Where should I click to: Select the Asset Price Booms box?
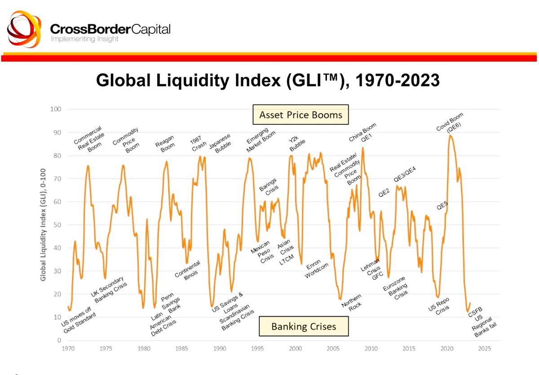coord(300,115)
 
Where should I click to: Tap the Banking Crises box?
coord(304,326)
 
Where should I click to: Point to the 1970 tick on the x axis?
coord(68,349)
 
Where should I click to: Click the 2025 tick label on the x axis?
coord(485,349)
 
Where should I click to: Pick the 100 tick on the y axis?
coord(55,110)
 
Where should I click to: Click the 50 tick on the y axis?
coord(57,225)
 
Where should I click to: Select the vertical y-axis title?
coord(44,225)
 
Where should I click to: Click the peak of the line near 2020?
coord(450,135)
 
